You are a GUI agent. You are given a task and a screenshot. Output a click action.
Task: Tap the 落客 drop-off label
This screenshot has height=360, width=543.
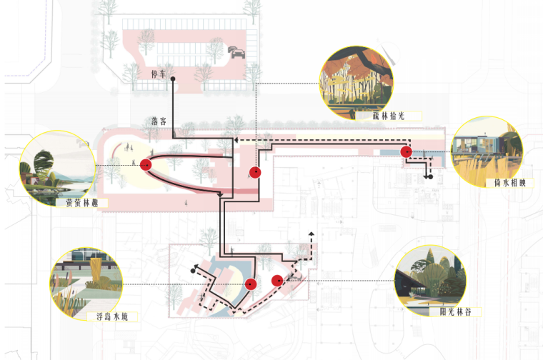coord(159,121)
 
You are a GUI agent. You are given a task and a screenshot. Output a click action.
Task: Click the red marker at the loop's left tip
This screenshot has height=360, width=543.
coord(147,165)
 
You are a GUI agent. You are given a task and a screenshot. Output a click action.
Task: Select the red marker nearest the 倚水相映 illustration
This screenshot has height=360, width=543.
coord(406,151)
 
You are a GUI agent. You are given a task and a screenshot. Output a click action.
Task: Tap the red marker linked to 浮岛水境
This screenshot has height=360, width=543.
coord(251,284)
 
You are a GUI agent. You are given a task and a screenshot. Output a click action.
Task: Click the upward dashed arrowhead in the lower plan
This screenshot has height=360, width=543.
coord(311,234)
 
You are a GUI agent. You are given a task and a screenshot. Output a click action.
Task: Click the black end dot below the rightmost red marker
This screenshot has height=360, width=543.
coord(431,176)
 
